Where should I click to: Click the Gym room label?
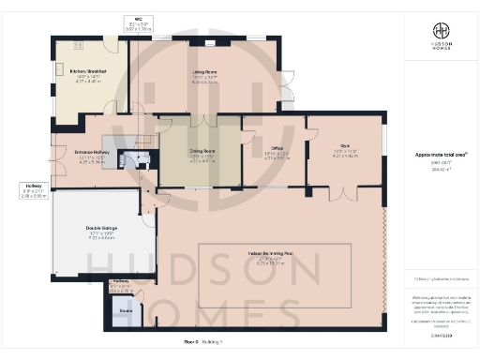coord(344,145)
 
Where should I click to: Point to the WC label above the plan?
coord(138,19)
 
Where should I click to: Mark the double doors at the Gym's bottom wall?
coord(345,193)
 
